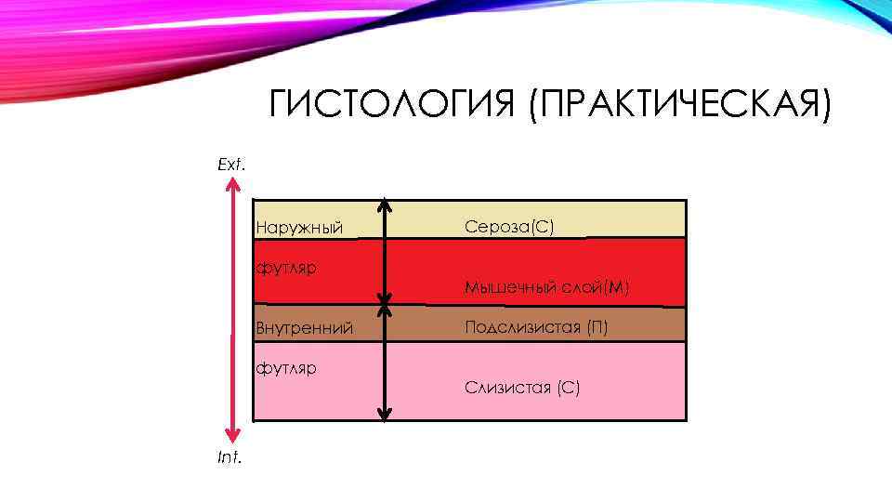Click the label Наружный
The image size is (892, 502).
pyautogui.click(x=300, y=228)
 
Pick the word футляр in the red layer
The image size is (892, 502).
pyautogui.click(x=287, y=268)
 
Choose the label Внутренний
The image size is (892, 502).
pyautogui.click(x=304, y=327)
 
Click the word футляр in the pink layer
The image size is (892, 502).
pyautogui.click(x=287, y=367)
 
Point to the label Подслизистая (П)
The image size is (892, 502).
pyautogui.click(x=537, y=326)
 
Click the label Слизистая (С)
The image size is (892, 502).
pyautogui.click(x=522, y=388)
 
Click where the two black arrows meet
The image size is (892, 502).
pyautogui.click(x=386, y=305)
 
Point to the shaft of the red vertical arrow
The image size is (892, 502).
pyautogui.click(x=234, y=307)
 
